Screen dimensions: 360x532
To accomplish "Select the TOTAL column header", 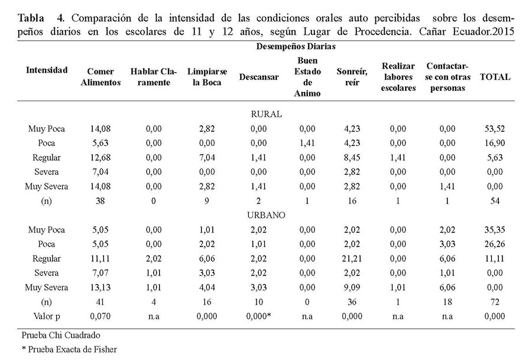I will (x=495, y=77).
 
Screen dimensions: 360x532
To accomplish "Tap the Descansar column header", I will (x=259, y=77).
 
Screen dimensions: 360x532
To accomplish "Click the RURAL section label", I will (x=265, y=114).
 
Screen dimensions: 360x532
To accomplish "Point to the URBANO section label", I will (x=265, y=215).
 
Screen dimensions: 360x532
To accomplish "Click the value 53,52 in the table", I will (x=495, y=128).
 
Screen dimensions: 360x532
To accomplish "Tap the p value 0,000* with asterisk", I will (x=260, y=317).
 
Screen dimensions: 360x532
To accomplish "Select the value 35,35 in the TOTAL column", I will (x=495, y=230).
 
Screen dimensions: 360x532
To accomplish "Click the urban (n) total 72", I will (x=495, y=303).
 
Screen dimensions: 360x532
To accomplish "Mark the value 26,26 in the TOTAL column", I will (x=495, y=244).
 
